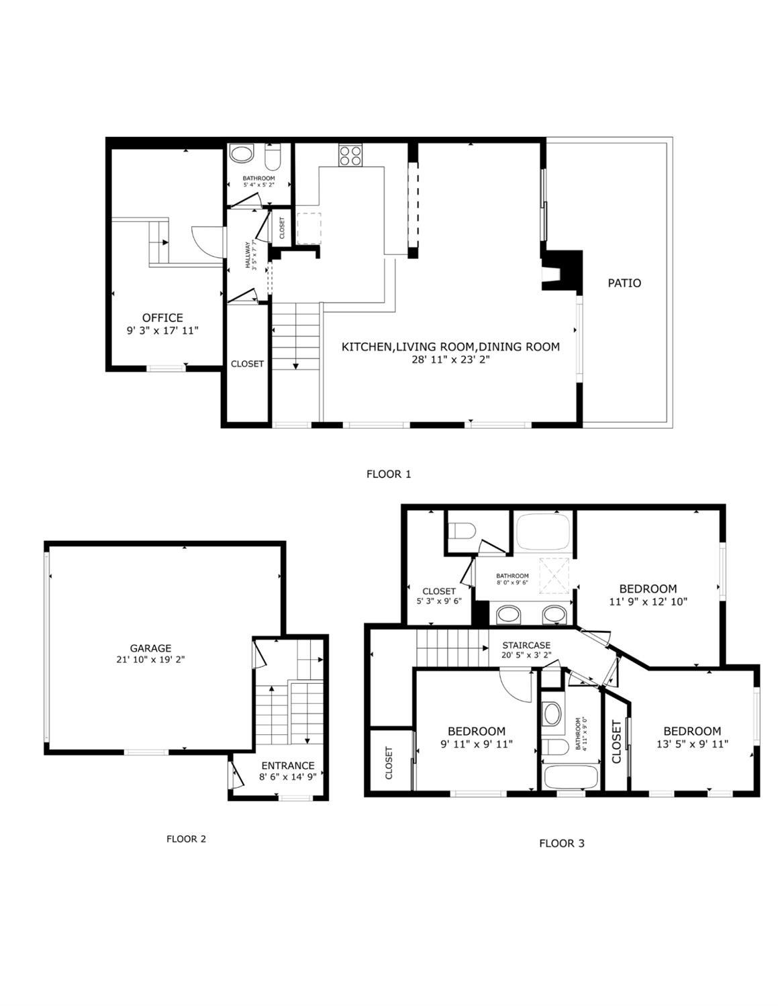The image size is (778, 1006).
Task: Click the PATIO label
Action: pos(624,283)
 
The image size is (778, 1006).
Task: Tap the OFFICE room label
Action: pos(162,317)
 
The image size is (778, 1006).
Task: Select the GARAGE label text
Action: pos(150,648)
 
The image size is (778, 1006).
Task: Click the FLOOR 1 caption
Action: pos(388,474)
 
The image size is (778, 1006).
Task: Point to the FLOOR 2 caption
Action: pos(186,839)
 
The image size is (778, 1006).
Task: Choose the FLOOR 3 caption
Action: pos(561,843)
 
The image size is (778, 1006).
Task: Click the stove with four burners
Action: pos(350,156)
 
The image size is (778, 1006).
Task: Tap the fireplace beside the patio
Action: pos(561,270)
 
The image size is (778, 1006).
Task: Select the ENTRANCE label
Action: pos(287,766)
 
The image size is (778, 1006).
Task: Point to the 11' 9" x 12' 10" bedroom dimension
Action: pos(648,602)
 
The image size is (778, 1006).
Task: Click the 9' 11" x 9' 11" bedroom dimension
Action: pos(477,744)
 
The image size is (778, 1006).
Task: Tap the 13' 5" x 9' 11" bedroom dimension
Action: pos(692,744)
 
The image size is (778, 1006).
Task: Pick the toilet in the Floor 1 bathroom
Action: pos(273,158)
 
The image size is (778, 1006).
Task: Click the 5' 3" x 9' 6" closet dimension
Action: pos(439,601)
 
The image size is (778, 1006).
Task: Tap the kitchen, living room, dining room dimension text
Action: pos(450,360)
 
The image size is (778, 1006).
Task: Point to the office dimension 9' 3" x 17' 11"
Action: pos(162,330)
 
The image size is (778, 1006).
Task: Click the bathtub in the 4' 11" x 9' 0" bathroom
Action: pos(570,778)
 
